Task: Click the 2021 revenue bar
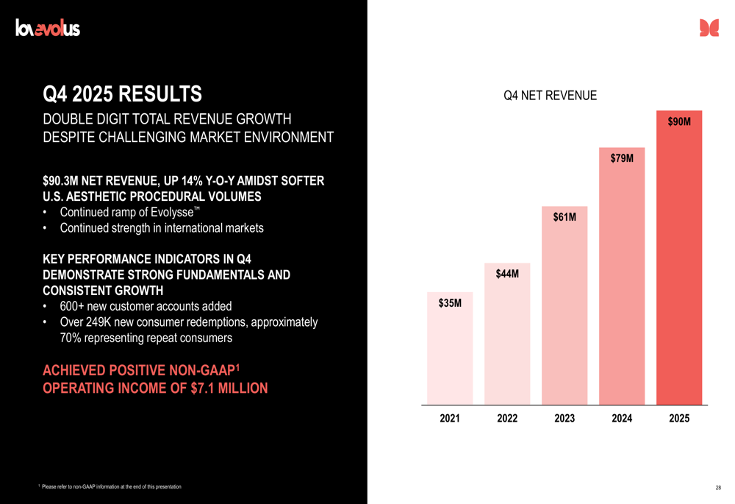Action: [450, 353]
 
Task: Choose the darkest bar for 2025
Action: [679, 265]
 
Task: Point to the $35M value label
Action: [450, 302]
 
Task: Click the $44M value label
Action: [507, 274]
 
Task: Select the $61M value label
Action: [564, 217]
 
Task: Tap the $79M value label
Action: [622, 158]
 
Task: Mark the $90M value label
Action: [679, 121]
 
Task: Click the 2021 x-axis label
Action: [450, 418]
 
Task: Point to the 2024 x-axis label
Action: [622, 418]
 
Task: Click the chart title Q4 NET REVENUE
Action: [550, 96]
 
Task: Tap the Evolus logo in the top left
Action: [48, 29]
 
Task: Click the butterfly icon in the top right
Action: [709, 28]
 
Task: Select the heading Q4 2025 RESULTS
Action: [122, 94]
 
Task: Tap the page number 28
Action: [717, 487]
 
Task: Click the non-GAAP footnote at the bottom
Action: [110, 487]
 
